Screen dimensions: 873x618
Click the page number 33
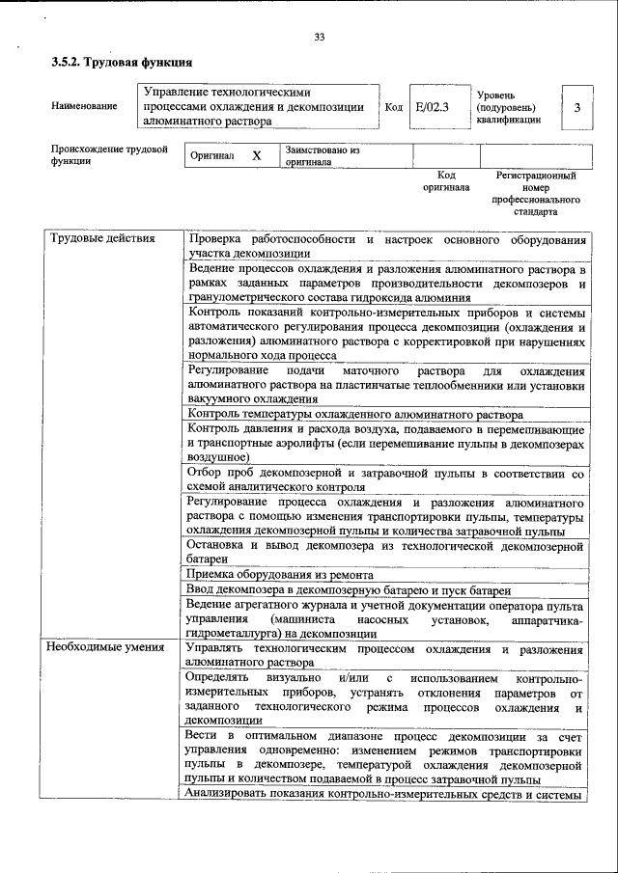(319, 38)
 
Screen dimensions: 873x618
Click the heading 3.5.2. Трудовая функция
(122, 63)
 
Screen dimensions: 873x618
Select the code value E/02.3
(432, 107)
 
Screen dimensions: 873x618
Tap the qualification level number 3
(576, 108)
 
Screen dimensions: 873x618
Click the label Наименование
(82, 108)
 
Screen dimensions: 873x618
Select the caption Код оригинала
(445, 181)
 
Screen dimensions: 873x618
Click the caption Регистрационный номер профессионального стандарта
(536, 193)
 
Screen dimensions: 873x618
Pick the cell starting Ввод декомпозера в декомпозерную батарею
(350, 589)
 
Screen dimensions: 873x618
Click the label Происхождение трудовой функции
(109, 155)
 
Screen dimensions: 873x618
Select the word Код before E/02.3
(393, 108)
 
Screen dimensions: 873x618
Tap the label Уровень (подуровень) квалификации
(509, 108)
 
